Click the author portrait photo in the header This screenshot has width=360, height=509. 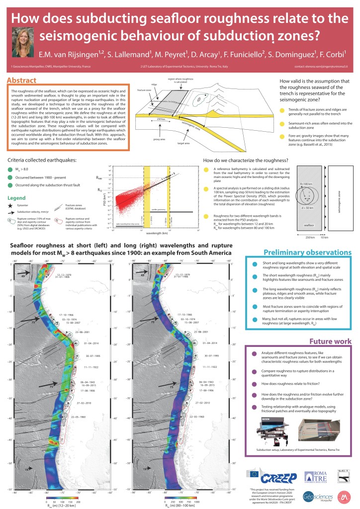(x=23, y=42)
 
